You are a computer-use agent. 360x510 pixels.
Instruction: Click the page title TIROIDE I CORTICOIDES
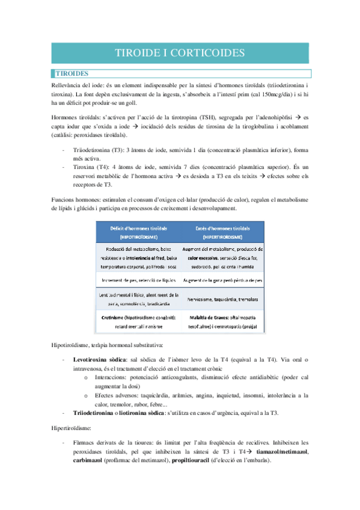tap(180, 53)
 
